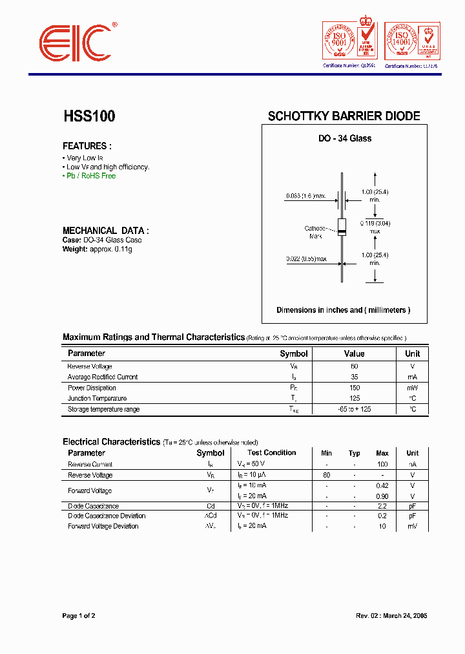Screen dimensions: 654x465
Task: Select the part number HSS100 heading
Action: pyautogui.click(x=89, y=116)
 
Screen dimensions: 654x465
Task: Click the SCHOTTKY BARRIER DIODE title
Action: pyautogui.click(x=344, y=116)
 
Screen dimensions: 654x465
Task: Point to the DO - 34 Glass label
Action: pyautogui.click(x=345, y=138)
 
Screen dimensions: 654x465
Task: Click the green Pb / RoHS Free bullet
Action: pyautogui.click(x=91, y=176)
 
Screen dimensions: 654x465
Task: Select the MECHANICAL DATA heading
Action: pyautogui.click(x=105, y=230)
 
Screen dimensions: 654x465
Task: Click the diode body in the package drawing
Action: pyautogui.click(x=342, y=227)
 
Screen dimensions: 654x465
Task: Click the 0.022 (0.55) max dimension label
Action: pyautogui.click(x=306, y=259)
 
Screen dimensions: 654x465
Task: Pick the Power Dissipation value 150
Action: pyautogui.click(x=354, y=388)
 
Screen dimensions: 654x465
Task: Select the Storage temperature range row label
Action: pyautogui.click(x=103, y=410)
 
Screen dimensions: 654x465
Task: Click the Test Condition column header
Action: pyautogui.click(x=271, y=453)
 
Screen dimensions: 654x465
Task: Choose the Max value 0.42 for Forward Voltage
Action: pyautogui.click(x=382, y=485)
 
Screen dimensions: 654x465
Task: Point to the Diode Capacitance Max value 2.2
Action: pyautogui.click(x=382, y=506)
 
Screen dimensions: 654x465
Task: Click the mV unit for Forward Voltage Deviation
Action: pyautogui.click(x=412, y=527)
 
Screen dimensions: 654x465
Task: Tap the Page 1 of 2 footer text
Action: pyautogui.click(x=78, y=616)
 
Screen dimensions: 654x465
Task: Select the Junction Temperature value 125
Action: pyautogui.click(x=354, y=399)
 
